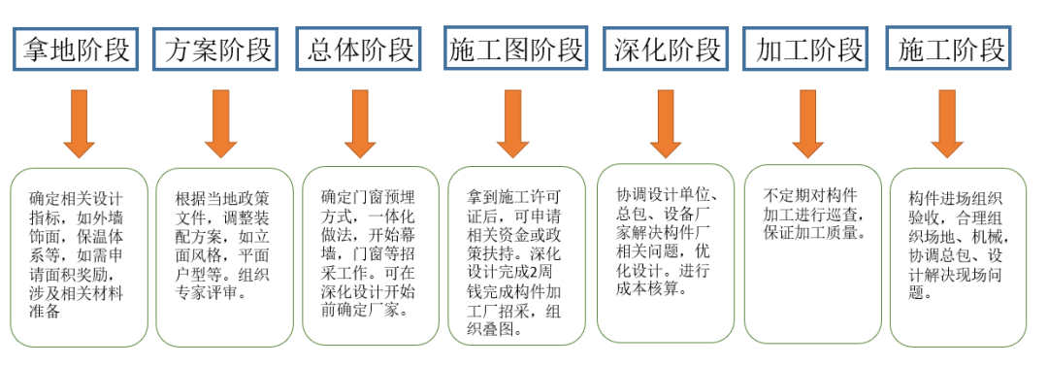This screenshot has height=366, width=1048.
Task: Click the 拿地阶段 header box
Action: click(76, 50)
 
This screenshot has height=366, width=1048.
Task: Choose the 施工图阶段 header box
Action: click(515, 50)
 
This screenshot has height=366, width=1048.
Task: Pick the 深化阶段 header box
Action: click(667, 50)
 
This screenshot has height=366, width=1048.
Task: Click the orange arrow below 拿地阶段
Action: click(79, 124)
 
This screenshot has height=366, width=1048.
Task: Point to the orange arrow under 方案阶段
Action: click(220, 124)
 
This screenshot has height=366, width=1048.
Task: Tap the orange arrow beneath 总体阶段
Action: click(360, 124)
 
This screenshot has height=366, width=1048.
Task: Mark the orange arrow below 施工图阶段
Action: click(512, 124)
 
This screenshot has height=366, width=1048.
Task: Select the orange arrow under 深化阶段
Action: click(666, 124)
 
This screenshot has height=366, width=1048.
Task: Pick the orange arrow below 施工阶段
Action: click(947, 124)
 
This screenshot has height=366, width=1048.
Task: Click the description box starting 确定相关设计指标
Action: click(79, 257)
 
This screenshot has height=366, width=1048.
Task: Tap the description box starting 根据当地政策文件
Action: click(224, 257)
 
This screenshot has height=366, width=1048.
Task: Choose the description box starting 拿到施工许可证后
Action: click(516, 256)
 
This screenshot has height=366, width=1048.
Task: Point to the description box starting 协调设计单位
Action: click(666, 252)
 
